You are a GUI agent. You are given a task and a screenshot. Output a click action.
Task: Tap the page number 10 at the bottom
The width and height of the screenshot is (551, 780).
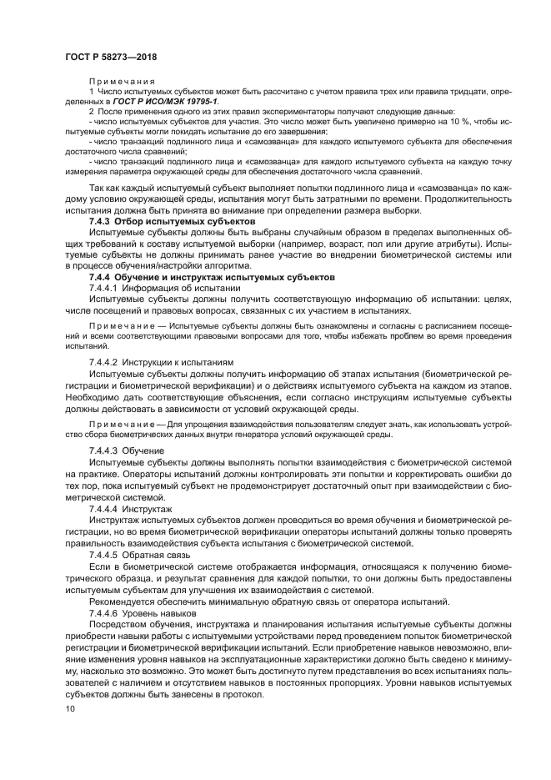(x=70, y=707)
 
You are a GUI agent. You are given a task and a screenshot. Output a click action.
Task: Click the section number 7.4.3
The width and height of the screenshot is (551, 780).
(x=103, y=223)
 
